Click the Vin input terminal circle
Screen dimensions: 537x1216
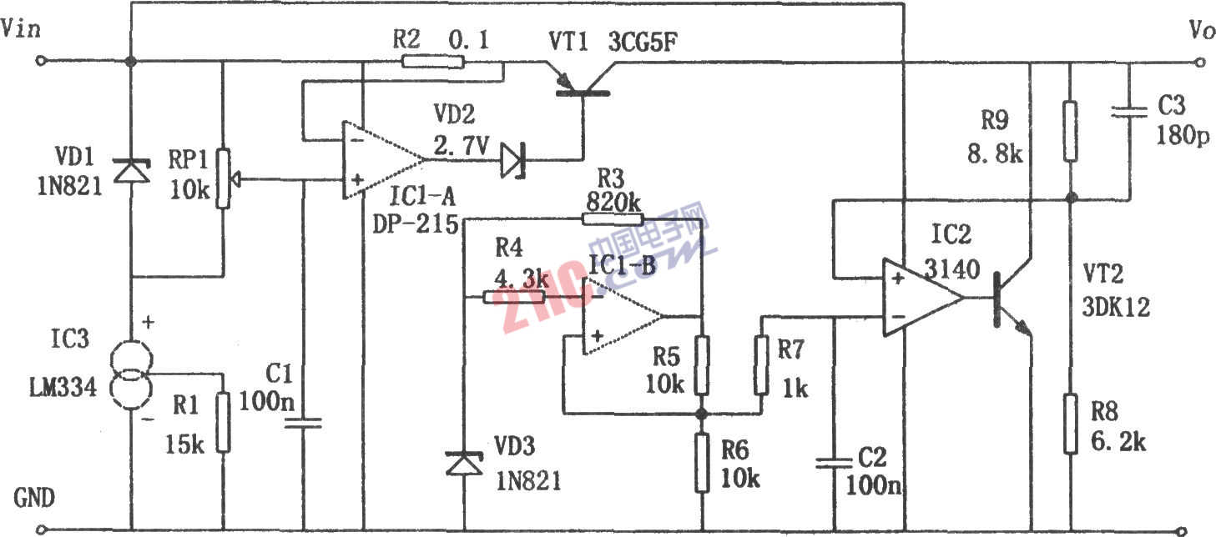[38, 61]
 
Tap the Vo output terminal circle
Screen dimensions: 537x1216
[1201, 61]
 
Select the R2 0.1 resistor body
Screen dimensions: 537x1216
[431, 61]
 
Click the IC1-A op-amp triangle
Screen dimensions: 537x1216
[380, 159]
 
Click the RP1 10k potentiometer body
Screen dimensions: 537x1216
[223, 178]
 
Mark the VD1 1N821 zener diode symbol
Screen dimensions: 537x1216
[132, 171]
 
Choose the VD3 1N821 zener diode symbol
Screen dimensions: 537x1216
[464, 464]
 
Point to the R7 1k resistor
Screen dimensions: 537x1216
[761, 364]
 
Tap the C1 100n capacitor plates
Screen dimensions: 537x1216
[303, 423]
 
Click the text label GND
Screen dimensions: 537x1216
[35, 499]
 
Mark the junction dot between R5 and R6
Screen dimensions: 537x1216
[701, 414]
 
